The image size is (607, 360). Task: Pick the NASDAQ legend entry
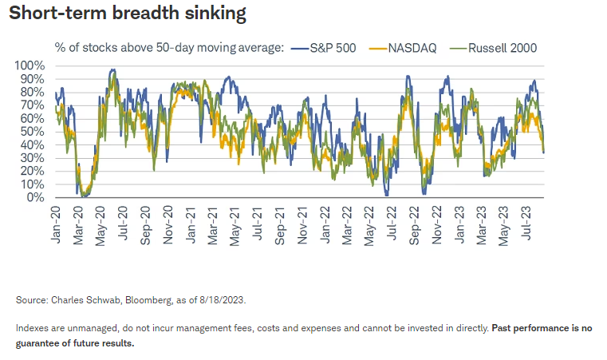412,48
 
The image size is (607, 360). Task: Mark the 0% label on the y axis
37,197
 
